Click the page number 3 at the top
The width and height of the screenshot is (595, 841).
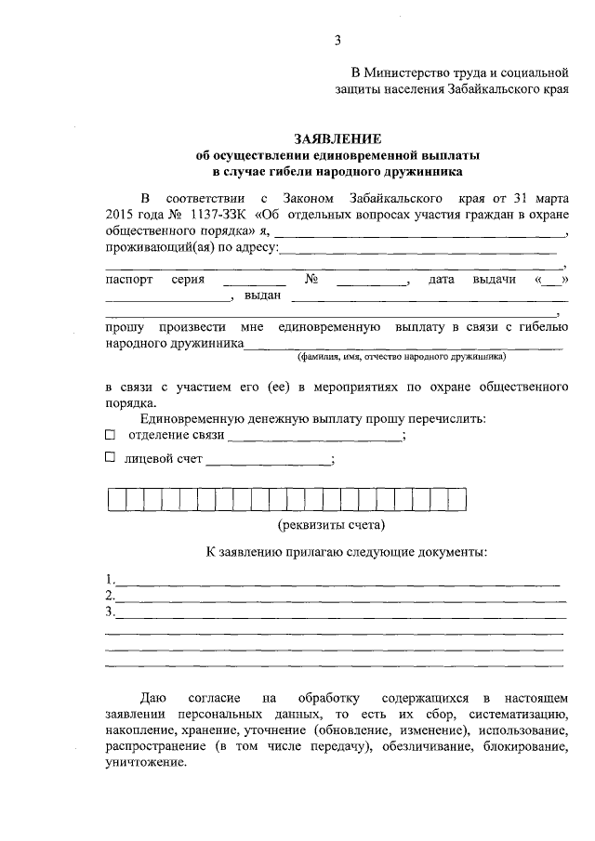(338, 39)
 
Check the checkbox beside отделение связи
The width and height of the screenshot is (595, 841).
(111, 434)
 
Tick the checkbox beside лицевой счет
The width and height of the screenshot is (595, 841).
(111, 457)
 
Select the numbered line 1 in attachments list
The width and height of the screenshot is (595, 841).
(335, 582)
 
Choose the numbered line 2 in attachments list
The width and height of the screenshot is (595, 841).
(335, 598)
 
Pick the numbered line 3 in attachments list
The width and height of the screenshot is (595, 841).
(335, 614)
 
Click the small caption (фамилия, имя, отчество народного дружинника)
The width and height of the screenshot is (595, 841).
(401, 356)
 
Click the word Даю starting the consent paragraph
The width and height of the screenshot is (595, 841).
(152, 697)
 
